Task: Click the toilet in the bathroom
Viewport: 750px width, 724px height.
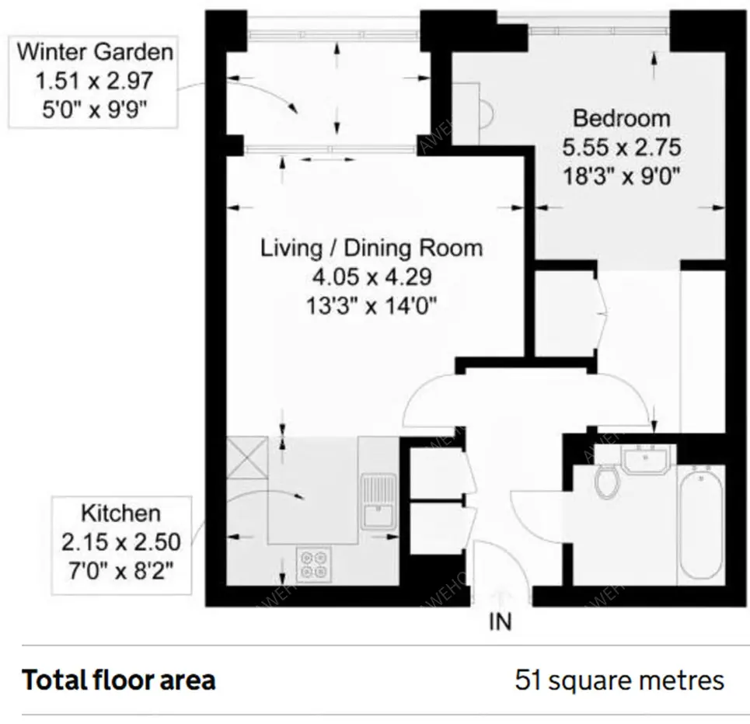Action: (606, 482)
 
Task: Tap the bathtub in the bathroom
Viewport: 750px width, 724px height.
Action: (701, 524)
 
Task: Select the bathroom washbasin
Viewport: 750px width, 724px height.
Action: (645, 458)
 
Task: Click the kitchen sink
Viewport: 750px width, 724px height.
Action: (378, 501)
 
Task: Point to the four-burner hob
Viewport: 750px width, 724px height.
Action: (313, 564)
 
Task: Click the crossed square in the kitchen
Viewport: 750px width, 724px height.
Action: (247, 458)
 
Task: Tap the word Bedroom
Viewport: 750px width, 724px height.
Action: (621, 119)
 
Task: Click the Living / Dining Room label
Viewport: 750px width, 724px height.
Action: (372, 248)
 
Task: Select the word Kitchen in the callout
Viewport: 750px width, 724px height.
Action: (121, 513)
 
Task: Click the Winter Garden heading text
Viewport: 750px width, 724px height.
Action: (95, 51)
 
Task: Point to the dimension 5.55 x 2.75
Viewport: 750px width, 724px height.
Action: (621, 148)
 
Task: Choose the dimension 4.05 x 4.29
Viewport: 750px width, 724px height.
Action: (372, 277)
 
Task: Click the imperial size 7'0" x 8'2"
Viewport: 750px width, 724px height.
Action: (121, 570)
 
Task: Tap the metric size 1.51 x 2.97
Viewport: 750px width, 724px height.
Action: (94, 81)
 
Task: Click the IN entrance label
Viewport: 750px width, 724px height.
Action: (501, 621)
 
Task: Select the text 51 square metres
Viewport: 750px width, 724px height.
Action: (619, 680)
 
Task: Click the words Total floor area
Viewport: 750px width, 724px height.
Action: (119, 680)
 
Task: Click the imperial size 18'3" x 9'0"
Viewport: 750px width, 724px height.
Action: (621, 176)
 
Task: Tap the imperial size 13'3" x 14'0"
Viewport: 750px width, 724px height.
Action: (372, 306)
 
